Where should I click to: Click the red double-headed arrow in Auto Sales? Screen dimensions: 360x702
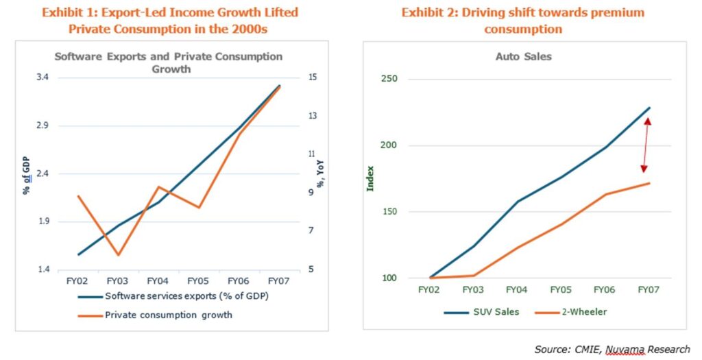pos(645,145)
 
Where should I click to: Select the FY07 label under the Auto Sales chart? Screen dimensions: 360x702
pos(648,290)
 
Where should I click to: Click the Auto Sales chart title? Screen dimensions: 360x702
pos(523,56)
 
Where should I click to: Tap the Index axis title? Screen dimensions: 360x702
pos(371,177)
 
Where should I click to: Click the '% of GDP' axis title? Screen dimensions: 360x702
pos(25,173)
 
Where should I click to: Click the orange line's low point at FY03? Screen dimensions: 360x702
pos(118,255)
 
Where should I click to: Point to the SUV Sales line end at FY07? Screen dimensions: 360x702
pos(649,108)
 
